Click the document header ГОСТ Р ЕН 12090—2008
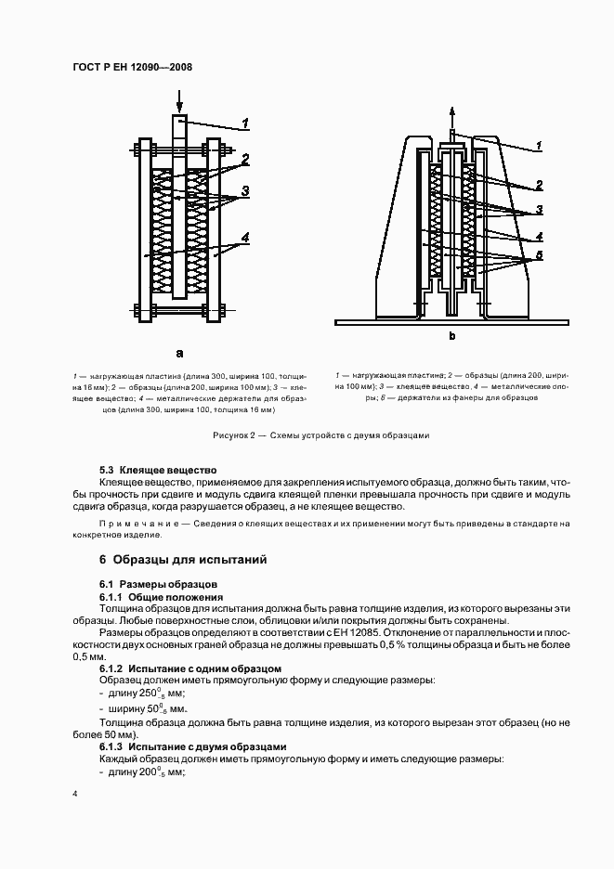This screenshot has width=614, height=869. coord(131,67)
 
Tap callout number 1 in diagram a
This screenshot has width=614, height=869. coord(244,123)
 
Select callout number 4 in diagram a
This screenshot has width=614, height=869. coord(245,238)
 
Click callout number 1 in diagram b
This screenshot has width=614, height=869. coord(538,146)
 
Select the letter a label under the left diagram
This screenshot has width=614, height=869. coord(179,353)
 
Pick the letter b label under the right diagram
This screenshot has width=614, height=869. coord(452,335)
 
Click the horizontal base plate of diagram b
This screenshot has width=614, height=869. coord(451,322)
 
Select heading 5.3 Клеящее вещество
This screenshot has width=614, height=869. coord(157,471)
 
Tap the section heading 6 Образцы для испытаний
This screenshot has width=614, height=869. coord(183,560)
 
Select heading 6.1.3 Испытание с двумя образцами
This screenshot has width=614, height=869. coord(192,746)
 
